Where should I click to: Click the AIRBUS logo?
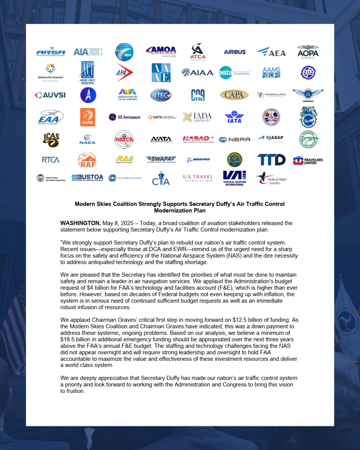tap(235, 52)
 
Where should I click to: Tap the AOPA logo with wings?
tap(308, 52)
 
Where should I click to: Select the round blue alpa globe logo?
tap(124, 52)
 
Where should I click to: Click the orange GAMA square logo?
tap(88, 117)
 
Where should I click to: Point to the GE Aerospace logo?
tap(125, 117)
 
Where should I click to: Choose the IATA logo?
tap(234, 117)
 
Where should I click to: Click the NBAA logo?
tap(234, 139)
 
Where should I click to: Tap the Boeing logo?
tap(198, 160)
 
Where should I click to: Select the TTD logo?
tap(271, 160)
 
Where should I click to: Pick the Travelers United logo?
tap(308, 161)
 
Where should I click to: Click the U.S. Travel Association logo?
tap(198, 178)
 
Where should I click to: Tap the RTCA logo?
tap(51, 160)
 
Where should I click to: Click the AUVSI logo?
tap(51, 95)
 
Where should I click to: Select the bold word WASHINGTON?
tap(80, 223)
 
